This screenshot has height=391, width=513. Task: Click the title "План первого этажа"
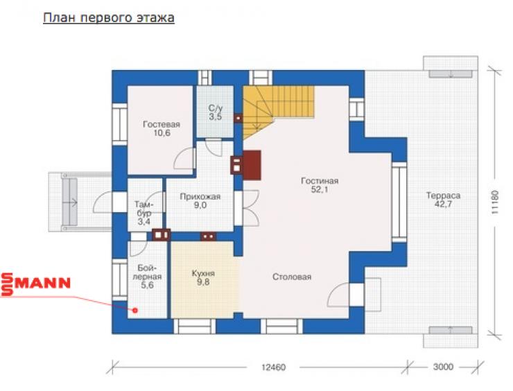click(109, 17)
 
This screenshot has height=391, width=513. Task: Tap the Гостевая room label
click(162, 124)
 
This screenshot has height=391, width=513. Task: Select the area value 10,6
click(162, 133)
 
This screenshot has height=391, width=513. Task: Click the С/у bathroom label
click(216, 108)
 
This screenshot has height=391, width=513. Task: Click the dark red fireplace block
click(252, 165)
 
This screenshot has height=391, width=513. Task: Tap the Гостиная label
click(320, 181)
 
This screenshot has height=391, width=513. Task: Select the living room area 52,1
click(320, 189)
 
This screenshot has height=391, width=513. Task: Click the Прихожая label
click(200, 197)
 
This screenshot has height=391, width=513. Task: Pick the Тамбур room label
click(144, 209)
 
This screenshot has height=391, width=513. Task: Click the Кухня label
click(203, 273)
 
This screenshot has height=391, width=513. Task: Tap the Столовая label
click(292, 277)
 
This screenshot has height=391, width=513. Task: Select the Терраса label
click(443, 195)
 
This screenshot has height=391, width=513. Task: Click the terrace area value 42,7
click(443, 205)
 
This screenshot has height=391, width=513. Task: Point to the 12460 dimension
click(274, 367)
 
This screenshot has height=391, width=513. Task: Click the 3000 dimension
click(443, 367)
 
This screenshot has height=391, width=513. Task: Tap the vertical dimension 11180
click(495, 202)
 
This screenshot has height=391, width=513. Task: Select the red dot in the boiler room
click(134, 310)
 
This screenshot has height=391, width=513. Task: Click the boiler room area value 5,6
click(147, 286)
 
